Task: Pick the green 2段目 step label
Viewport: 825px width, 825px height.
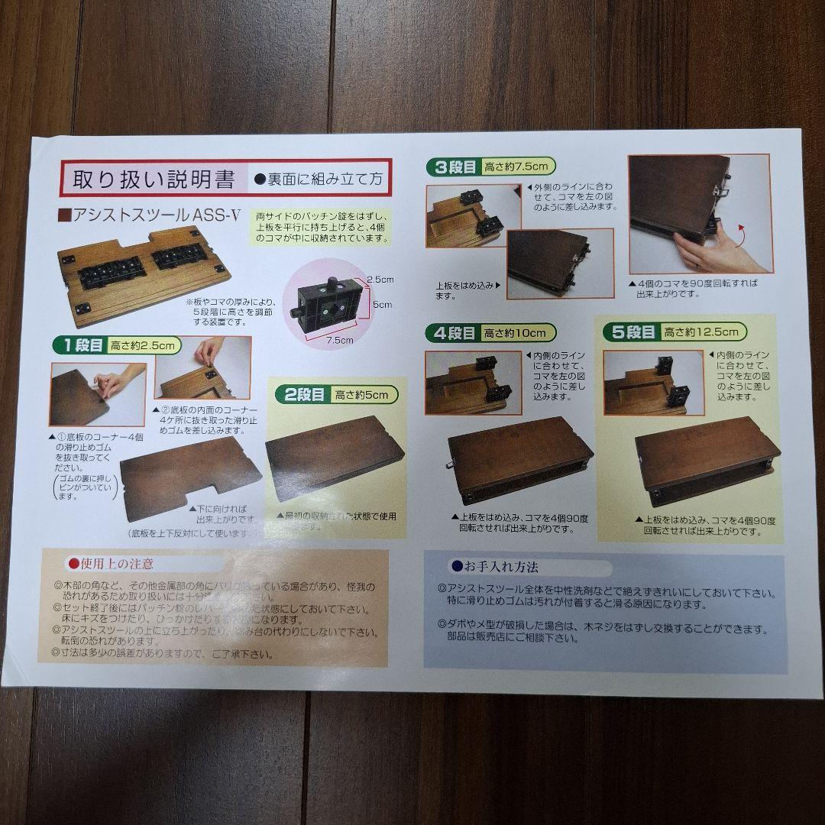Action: (x=299, y=394)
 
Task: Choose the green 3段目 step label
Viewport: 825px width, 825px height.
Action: (x=457, y=167)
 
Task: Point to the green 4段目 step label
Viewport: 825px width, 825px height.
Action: (x=457, y=333)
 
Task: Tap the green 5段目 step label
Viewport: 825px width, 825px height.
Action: (x=632, y=332)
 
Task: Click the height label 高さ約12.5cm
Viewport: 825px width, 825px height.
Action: (x=701, y=332)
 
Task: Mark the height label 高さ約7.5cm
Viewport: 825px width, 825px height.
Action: (x=519, y=167)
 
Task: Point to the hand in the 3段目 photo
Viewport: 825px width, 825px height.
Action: (x=707, y=253)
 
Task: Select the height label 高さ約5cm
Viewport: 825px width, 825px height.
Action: (x=363, y=394)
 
